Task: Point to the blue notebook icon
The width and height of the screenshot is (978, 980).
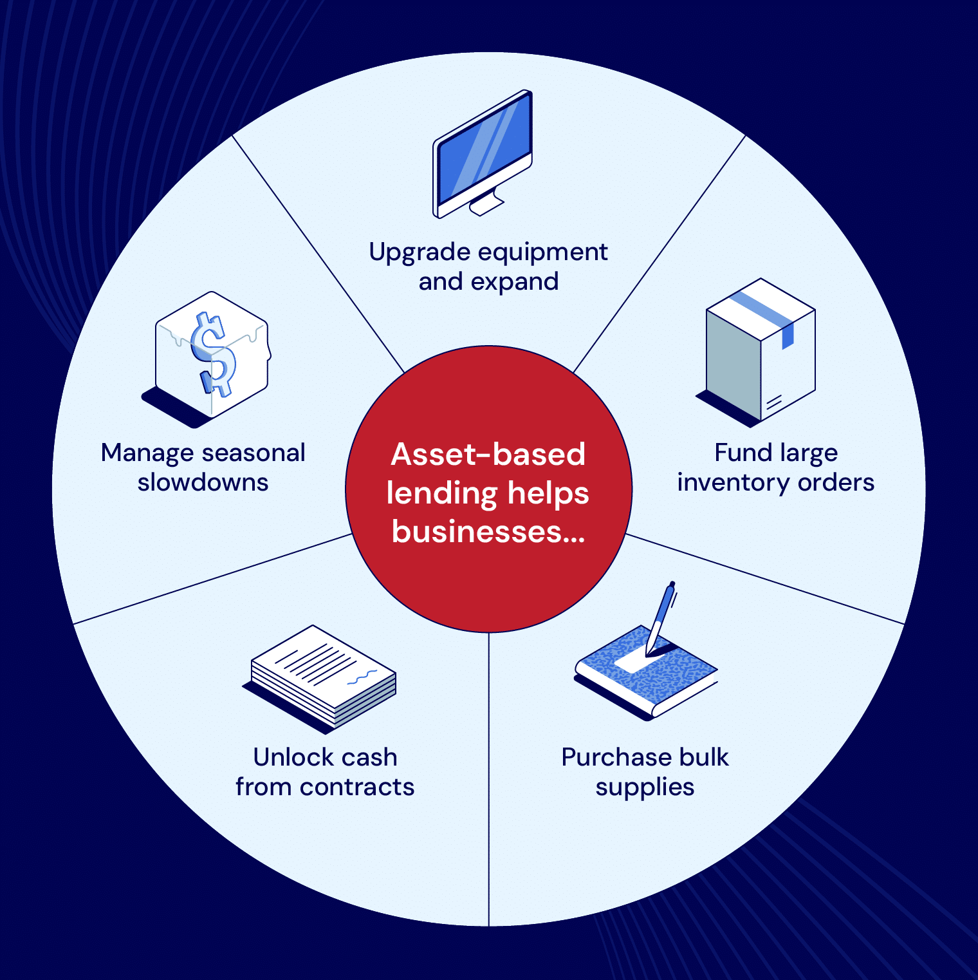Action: [643, 676]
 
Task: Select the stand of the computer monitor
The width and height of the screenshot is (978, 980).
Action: [486, 204]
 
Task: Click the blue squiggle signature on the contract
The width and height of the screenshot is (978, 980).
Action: [362, 677]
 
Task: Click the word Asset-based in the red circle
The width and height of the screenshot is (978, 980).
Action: [488, 455]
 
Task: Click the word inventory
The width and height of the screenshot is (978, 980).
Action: [733, 482]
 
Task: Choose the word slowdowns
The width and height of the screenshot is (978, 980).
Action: [203, 482]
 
